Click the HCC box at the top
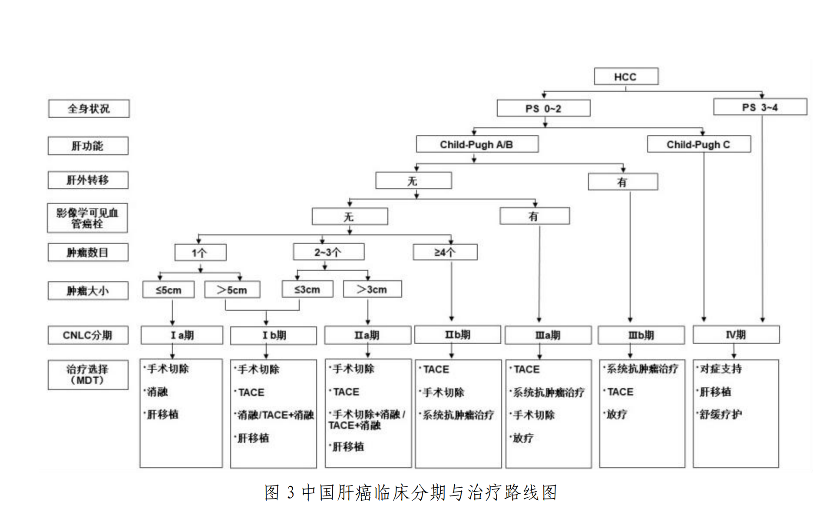pos(625,76)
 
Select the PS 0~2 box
pos(543,108)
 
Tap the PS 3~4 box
pos(760,107)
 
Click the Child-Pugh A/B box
pos(477,144)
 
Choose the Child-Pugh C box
pos(698,144)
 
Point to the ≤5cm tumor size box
pos(169,289)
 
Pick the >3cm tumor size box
pos(372,289)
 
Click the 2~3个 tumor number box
pos(328,252)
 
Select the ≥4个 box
pos(445,252)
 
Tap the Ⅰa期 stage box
pos(182,335)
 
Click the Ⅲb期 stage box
pos(641,335)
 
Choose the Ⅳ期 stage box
pos(736,335)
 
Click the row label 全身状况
pos(89,109)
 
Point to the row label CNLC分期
pos(88,335)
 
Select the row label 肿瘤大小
pos(88,291)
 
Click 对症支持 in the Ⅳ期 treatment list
pos(721,369)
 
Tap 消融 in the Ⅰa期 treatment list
pos(158,392)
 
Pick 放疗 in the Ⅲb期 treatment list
pos(617,414)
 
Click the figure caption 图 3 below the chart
pos(410,492)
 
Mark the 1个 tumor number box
pos(200,253)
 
